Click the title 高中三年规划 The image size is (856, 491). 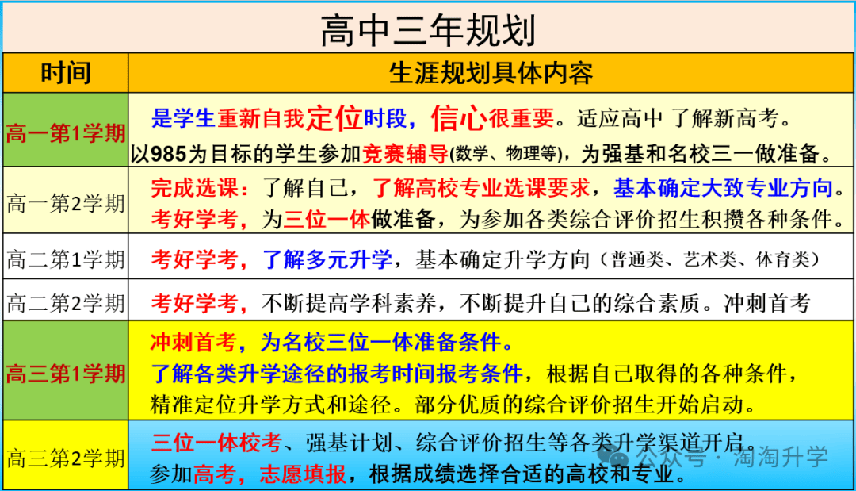tap(428, 31)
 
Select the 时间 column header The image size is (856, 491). tap(66, 73)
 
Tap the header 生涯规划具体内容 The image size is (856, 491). tap(491, 73)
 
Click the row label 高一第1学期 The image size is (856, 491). tap(66, 133)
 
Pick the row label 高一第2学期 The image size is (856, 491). tap(66, 204)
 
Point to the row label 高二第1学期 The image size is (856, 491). tap(66, 259)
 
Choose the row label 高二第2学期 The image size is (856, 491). tap(66, 303)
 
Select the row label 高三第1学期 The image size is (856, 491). tap(66, 374)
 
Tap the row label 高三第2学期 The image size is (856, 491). tap(66, 458)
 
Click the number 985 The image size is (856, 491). tap(168, 154)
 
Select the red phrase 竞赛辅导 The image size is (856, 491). tap(406, 154)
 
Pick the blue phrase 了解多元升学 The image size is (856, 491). tap(327, 259)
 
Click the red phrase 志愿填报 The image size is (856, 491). tap(303, 474)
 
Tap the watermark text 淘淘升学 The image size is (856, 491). tap(781, 457)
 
